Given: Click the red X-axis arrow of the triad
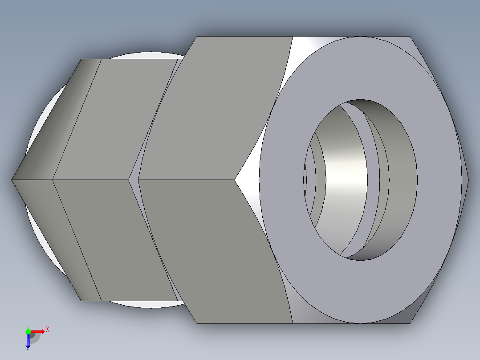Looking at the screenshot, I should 39,331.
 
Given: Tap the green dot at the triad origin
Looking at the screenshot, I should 28,331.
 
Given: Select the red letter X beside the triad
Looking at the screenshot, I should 48,330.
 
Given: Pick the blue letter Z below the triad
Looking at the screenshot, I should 28,349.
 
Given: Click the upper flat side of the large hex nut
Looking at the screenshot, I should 223,107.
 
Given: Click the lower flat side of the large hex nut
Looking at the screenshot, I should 214,250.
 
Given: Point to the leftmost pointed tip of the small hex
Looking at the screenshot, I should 12,180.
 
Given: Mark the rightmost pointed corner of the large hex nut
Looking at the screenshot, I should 468,180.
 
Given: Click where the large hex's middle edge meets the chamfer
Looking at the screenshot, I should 235,180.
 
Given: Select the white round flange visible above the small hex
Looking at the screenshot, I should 147,55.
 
